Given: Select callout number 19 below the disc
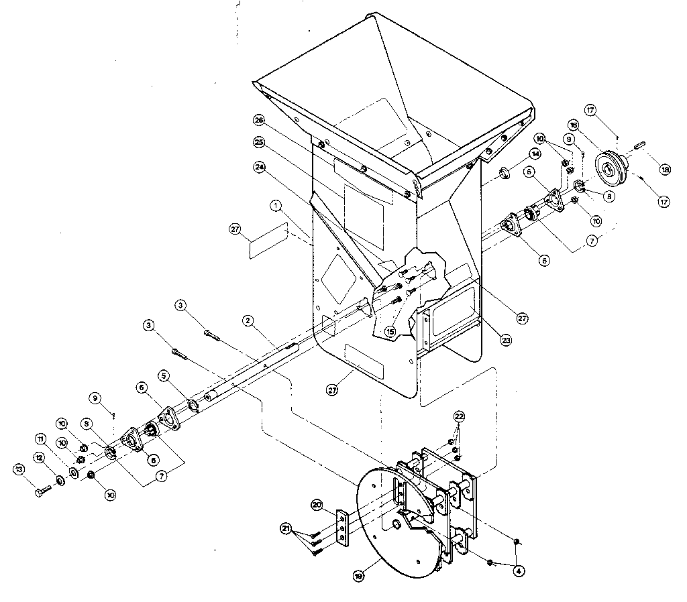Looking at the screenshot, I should (361, 575).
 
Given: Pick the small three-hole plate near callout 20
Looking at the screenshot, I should (342, 530).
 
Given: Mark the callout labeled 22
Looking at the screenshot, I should (458, 416).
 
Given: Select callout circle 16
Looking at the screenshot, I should (574, 125).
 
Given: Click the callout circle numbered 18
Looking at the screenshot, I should (665, 170).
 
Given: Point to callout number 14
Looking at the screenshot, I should (534, 154).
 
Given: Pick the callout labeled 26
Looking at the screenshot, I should (258, 119).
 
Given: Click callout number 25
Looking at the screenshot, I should (258, 142).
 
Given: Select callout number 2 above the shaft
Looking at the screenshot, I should (248, 321).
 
